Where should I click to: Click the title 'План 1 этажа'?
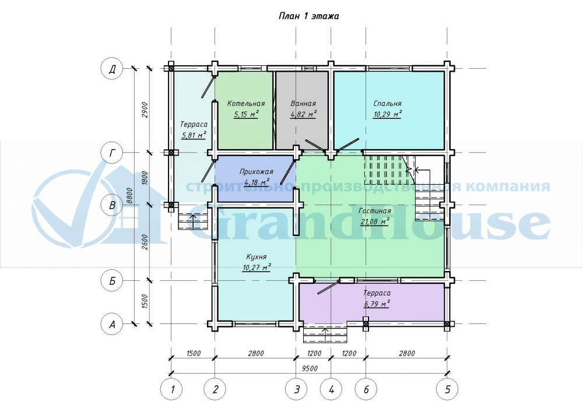coord(308,16)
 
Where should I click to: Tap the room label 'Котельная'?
coord(246,104)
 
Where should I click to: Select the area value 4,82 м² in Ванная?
coord(303,114)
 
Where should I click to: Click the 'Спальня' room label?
coord(388,104)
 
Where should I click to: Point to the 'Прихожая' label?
coord(256,172)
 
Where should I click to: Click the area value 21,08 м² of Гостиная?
coord(375,222)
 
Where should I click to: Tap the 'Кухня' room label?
coord(256,257)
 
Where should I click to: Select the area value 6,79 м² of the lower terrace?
coord(377,304)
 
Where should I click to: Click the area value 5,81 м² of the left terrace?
coord(194,135)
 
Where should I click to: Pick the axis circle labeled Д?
coord(112,69)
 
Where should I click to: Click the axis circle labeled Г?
coord(112,152)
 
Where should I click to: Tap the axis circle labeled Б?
coord(112,281)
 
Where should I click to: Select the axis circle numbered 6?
coord(366,389)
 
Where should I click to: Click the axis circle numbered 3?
coord(296,389)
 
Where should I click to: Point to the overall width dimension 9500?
coord(310,368)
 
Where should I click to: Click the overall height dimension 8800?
coord(129,196)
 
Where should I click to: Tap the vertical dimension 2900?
coord(145,110)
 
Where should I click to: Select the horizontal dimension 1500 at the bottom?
coord(193,353)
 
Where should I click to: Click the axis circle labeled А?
coord(112,324)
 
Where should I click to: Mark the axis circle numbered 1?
coord(171,389)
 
